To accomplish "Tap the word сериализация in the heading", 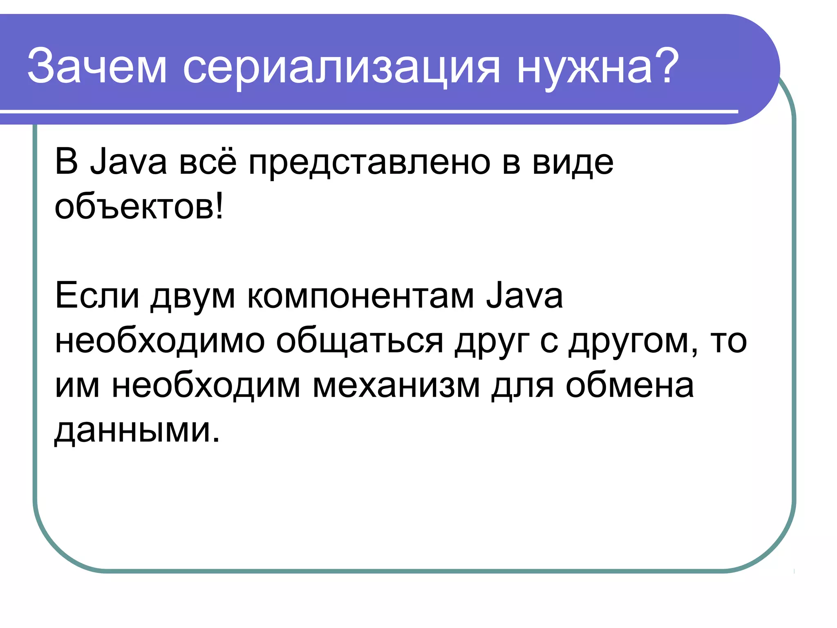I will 341,67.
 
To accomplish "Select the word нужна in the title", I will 584,67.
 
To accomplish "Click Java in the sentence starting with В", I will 128,162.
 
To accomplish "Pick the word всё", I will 208,162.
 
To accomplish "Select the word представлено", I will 369,164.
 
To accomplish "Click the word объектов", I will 133,207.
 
